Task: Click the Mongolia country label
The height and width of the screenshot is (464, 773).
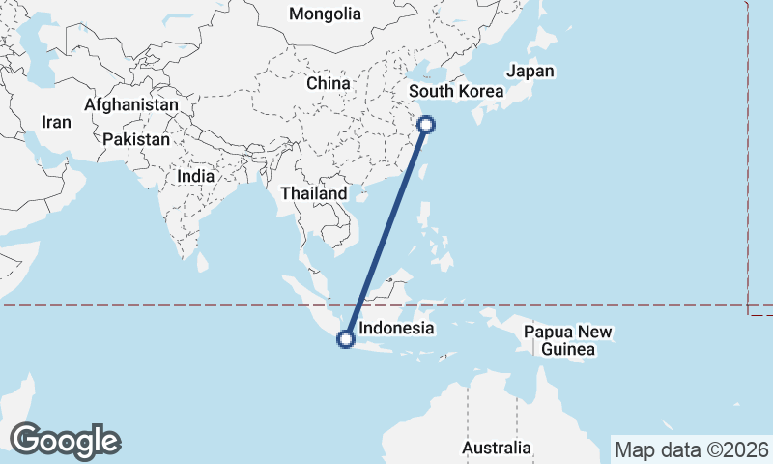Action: pyautogui.click(x=325, y=14)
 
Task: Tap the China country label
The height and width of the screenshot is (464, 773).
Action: pyautogui.click(x=328, y=83)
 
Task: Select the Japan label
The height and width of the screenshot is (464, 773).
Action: pyautogui.click(x=530, y=71)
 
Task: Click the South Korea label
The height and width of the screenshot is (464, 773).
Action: pyautogui.click(x=457, y=93)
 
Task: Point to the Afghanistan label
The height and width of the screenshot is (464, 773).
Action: pyautogui.click(x=131, y=104)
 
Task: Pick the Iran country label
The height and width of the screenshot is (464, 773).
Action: pyautogui.click(x=56, y=122)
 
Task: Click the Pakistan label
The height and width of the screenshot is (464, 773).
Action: pyautogui.click(x=136, y=139)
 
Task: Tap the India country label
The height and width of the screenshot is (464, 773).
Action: pyautogui.click(x=195, y=177)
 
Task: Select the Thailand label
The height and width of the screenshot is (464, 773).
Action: pyautogui.click(x=313, y=193)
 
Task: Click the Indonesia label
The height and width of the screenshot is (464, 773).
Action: pyautogui.click(x=395, y=329)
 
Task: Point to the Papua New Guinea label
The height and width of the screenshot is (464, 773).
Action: pyautogui.click(x=567, y=340)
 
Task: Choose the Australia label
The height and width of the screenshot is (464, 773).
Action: pyautogui.click(x=496, y=448)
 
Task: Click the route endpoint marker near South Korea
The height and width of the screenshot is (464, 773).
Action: pyautogui.click(x=425, y=124)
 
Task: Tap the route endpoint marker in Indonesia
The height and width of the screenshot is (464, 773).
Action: pyautogui.click(x=345, y=338)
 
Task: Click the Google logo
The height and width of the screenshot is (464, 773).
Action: pyautogui.click(x=65, y=440)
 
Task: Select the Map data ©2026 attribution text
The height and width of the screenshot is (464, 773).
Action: pyautogui.click(x=691, y=449)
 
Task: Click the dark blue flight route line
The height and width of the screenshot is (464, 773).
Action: pyautogui.click(x=386, y=231)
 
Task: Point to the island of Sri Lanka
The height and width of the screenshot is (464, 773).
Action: pyautogui.click(x=203, y=261)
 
